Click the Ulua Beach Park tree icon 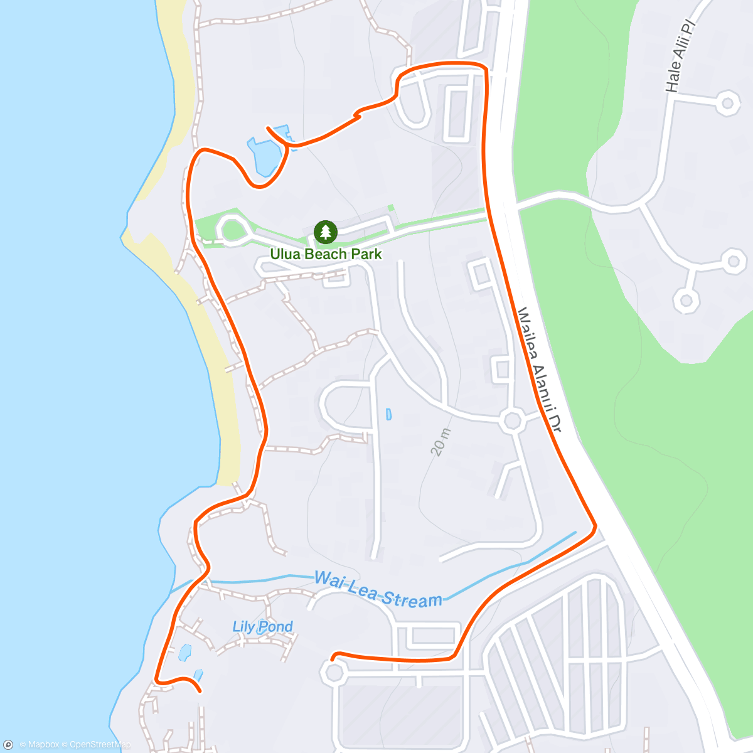pyautogui.click(x=325, y=232)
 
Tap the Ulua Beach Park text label pyautogui.click(x=326, y=254)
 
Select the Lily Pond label pyautogui.click(x=262, y=626)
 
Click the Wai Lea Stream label pyautogui.click(x=378, y=590)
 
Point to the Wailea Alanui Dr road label pyautogui.click(x=538, y=370)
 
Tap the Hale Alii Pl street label pyautogui.click(x=680, y=56)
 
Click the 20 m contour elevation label pyautogui.click(x=441, y=441)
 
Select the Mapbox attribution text pyautogui.click(x=39, y=745)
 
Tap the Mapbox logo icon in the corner pyautogui.click(x=8, y=745)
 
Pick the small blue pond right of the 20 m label pyautogui.click(x=389, y=414)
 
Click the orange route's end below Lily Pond pyautogui.click(x=200, y=691)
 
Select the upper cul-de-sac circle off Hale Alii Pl pyautogui.click(x=727, y=102)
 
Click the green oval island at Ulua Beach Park pyautogui.click(x=232, y=229)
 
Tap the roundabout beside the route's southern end pyautogui.click(x=333, y=673)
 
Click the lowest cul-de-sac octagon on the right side pyautogui.click(x=686, y=300)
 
